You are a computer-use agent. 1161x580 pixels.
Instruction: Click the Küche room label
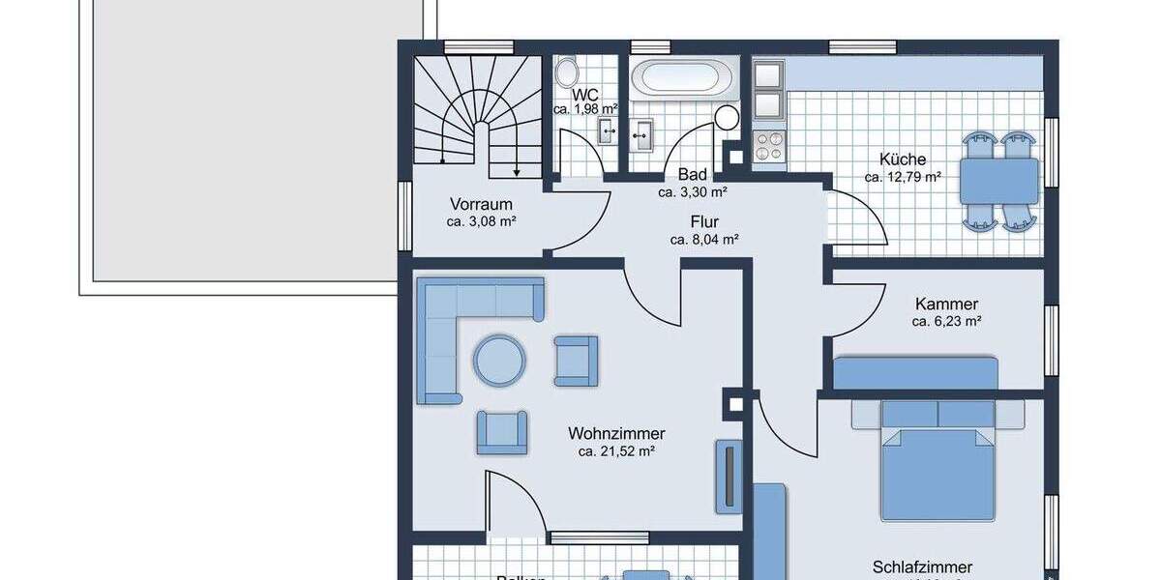(902, 159)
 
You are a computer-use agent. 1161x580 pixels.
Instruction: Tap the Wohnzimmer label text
(616, 434)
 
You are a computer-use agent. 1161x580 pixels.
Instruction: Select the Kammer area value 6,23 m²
(946, 321)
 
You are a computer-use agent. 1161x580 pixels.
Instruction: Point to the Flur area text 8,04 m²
(704, 239)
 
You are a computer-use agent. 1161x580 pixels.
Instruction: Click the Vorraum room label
(481, 205)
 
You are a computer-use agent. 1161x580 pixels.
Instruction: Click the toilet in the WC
(567, 73)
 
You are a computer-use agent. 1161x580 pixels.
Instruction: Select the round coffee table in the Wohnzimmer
(499, 361)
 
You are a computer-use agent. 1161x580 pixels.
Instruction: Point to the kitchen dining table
(999, 181)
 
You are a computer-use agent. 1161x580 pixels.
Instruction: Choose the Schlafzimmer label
(922, 567)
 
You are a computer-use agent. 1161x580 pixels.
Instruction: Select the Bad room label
(692, 175)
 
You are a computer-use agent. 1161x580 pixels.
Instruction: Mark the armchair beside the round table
(576, 361)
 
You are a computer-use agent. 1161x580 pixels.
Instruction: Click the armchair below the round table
(502, 432)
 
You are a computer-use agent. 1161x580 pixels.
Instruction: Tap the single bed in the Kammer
(914, 373)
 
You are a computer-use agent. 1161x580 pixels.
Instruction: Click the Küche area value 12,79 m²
(903, 177)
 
